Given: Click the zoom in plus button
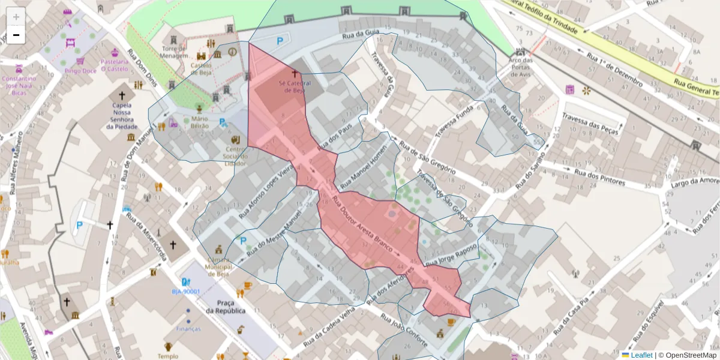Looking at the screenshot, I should click(x=16, y=16).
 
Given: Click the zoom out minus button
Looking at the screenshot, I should click(x=16, y=35).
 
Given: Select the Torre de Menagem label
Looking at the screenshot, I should click(x=175, y=52).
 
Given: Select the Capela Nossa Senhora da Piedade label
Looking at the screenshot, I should click(x=122, y=116).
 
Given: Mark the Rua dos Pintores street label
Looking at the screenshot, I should click(x=599, y=176).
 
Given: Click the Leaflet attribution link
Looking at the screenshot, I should click(x=641, y=355).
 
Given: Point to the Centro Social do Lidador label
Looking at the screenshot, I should click(x=235, y=156).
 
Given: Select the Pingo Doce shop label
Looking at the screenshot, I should click(x=80, y=70).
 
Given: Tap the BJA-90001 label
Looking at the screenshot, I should click(x=185, y=292).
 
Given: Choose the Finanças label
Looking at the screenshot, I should click(x=188, y=329).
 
